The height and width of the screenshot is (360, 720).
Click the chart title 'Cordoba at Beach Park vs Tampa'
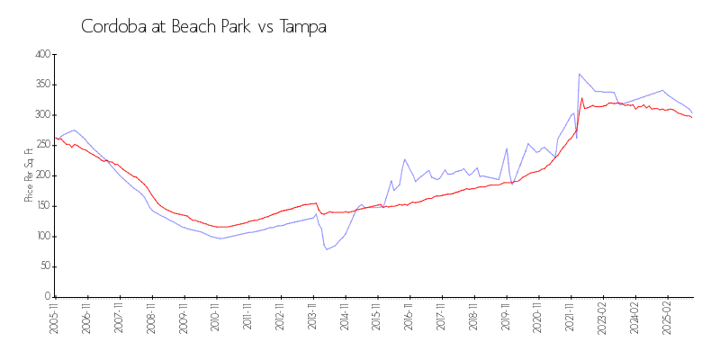[203, 27]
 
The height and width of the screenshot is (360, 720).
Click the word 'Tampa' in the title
[302, 27]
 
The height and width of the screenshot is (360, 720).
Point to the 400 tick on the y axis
[41, 55]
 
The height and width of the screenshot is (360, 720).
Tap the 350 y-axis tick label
[41, 85]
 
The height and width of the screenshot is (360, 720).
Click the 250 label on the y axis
[41, 146]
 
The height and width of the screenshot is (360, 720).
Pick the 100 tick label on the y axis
[41, 237]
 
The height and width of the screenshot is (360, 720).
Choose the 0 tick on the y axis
[47, 297]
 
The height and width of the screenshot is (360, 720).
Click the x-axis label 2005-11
[55, 319]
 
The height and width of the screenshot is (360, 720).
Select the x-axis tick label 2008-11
[152, 319]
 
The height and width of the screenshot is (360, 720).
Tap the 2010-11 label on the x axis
[216, 319]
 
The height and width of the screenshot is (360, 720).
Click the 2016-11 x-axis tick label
[409, 319]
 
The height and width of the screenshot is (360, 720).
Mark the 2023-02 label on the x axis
[603, 319]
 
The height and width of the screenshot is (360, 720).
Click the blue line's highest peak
[580, 74]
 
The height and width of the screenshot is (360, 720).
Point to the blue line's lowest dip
[327, 249]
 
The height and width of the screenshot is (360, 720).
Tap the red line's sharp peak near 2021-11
[582, 98]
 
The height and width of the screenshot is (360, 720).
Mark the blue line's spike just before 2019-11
[507, 148]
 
